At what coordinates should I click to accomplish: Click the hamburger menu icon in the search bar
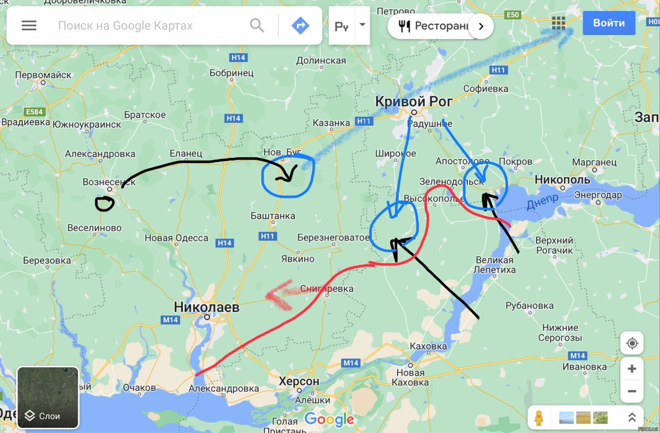pos(29,25)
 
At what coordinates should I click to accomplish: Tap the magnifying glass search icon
pos(257,25)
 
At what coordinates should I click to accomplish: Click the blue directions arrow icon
pos(300,25)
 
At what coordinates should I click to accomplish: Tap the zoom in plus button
pos(632,369)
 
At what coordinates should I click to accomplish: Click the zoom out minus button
pos(632,391)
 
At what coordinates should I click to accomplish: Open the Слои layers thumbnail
pos(48,397)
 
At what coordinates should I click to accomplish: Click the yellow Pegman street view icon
pos(539,418)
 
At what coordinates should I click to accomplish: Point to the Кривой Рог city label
pos(413,102)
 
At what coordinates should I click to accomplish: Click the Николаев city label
pos(207,307)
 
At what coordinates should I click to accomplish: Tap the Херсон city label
pos(299,382)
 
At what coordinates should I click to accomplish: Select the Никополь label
pos(562,180)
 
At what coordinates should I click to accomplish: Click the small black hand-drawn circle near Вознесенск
pos(105,203)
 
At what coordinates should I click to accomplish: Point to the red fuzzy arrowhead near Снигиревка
pos(276,295)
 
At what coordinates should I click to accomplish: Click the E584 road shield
pos(34,112)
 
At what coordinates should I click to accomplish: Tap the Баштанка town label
pos(273,216)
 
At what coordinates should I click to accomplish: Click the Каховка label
pos(428,346)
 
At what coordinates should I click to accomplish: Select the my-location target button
pos(632,343)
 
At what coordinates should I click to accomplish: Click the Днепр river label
pos(542,201)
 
